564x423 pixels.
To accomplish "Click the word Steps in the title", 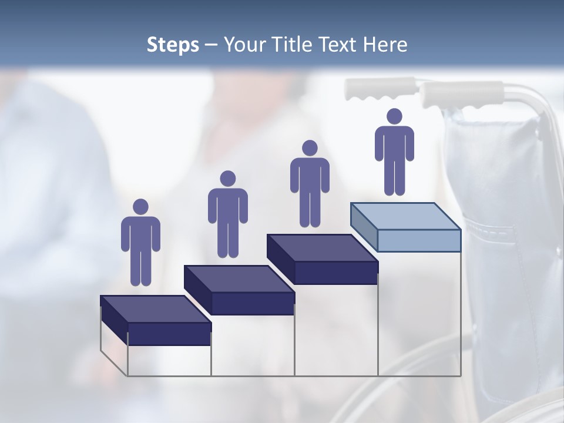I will coord(173,45).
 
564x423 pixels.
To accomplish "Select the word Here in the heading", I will coord(385,45).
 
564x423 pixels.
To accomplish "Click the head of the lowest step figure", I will coord(140,207).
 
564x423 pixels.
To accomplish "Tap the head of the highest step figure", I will coord(394,116).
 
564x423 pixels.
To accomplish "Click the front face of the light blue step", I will coord(419,240).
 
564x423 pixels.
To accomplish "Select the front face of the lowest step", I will coord(169,334).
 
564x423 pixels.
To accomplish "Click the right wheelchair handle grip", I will coord(462,94).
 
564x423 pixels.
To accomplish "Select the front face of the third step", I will coord(336,273).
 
